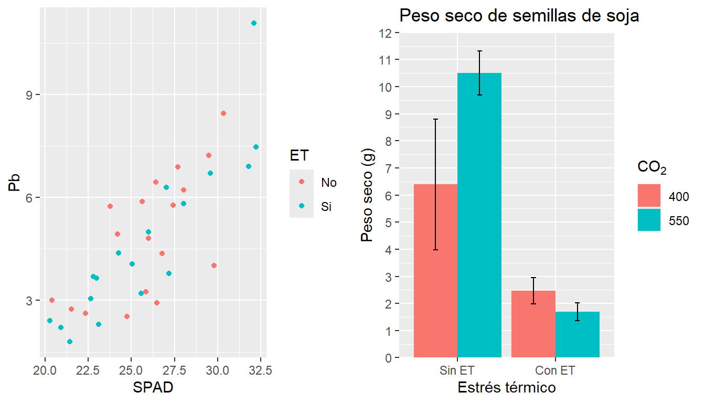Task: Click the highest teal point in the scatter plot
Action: [254, 23]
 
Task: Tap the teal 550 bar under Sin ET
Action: [479, 215]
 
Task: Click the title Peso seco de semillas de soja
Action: [519, 16]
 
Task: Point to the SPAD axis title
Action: [153, 388]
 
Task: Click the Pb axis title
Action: [15, 183]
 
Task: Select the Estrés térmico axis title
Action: [507, 388]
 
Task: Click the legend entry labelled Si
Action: [326, 207]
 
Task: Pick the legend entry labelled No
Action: [328, 183]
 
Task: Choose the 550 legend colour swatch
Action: [649, 220]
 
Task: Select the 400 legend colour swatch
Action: [649, 196]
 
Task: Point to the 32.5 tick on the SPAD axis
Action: [261, 370]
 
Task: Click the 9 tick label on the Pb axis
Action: [30, 95]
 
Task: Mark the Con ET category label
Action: [556, 370]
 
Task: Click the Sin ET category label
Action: [457, 370]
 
